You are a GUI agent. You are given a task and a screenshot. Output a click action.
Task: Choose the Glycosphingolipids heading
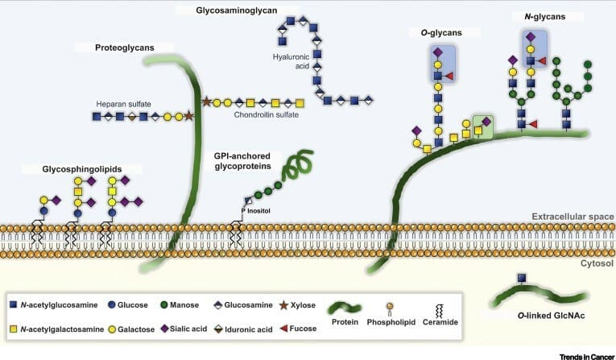(81, 169)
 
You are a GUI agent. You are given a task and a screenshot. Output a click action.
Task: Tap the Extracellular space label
(571, 217)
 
